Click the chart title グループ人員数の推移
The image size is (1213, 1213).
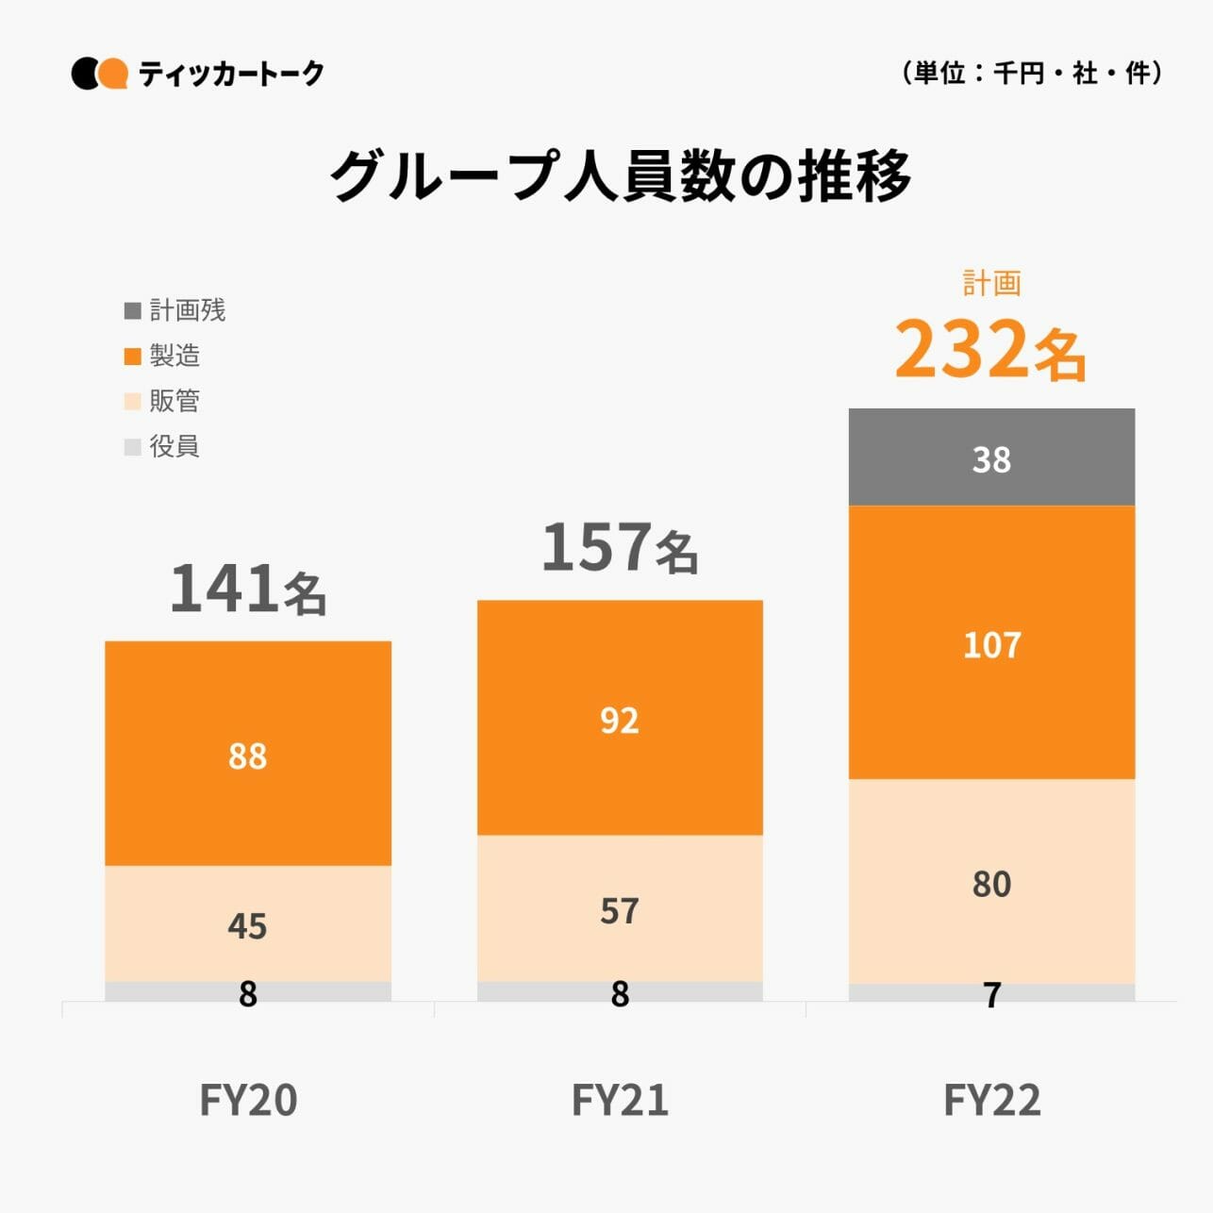pyautogui.click(x=620, y=176)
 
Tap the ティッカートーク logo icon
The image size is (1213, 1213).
pyautogui.click(x=99, y=74)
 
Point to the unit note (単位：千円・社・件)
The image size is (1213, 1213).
pyautogui.click(x=1032, y=73)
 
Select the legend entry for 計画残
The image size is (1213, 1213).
pyautogui.click(x=175, y=310)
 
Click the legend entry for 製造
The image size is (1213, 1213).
pyautogui.click(x=163, y=356)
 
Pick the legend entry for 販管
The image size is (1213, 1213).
pyautogui.click(x=163, y=401)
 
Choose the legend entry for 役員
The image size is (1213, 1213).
pyautogui.click(x=163, y=446)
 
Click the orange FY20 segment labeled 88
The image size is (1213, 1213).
pyautogui.click(x=248, y=755)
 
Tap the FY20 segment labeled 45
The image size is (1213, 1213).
pyautogui.click(x=248, y=924)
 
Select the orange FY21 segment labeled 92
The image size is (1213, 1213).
pyautogui.click(x=620, y=719)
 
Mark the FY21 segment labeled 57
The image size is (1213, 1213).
pyautogui.click(x=620, y=909)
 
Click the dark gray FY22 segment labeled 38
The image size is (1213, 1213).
pyautogui.click(x=991, y=458)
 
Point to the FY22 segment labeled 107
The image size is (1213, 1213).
pyautogui.click(x=991, y=644)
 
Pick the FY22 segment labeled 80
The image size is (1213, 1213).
pyautogui.click(x=991, y=883)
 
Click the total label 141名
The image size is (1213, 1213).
pyautogui.click(x=248, y=590)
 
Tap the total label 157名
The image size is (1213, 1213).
pyautogui.click(x=620, y=548)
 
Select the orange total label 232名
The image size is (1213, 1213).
pyautogui.click(x=991, y=349)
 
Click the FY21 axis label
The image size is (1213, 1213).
pyautogui.click(x=620, y=1100)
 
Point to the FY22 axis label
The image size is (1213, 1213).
pyautogui.click(x=991, y=1100)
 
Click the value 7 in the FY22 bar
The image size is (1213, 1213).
pyautogui.click(x=991, y=994)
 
